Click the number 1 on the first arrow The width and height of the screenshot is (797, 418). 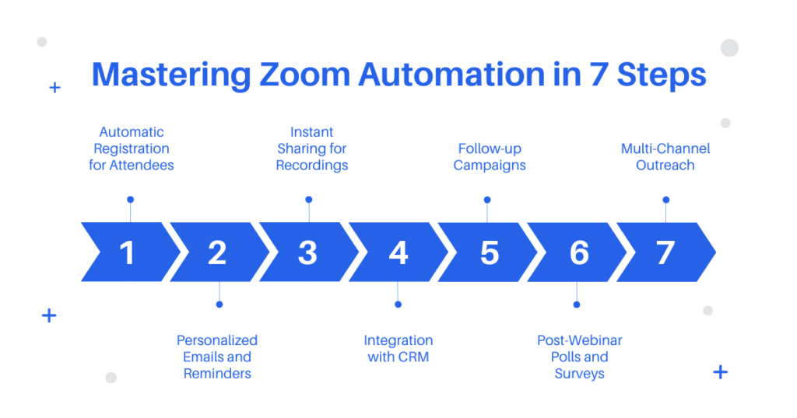(127, 253)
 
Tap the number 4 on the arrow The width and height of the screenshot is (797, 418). (398, 253)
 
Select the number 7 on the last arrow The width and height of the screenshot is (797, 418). (665, 253)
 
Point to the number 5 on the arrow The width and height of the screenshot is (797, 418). (490, 253)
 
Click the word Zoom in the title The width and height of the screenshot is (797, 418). (304, 75)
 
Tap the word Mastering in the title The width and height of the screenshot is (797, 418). (171, 75)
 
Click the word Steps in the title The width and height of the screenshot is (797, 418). (662, 75)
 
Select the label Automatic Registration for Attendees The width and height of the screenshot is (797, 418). (131, 148)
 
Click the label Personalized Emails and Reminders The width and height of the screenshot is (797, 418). (217, 357)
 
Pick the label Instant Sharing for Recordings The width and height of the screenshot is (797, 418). (311, 148)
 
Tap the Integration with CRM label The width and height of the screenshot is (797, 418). (398, 349)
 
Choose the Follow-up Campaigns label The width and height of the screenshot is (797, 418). (490, 157)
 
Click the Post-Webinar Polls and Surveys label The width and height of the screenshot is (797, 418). (579, 357)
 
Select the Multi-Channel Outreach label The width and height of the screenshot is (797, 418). (665, 157)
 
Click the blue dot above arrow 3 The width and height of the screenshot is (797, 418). (308, 200)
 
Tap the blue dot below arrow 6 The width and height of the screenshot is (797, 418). (577, 305)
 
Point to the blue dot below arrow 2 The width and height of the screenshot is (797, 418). (219, 305)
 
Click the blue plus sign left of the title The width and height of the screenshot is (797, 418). (55, 88)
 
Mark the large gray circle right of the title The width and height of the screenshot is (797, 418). (729, 47)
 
